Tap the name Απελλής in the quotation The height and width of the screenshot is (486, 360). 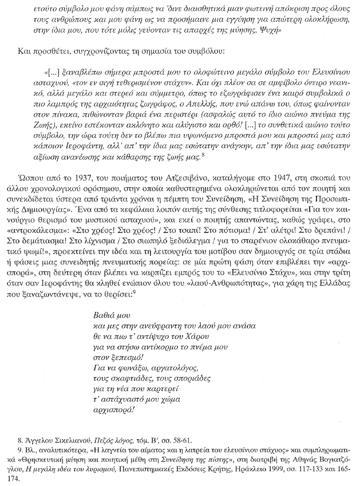(188, 116)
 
